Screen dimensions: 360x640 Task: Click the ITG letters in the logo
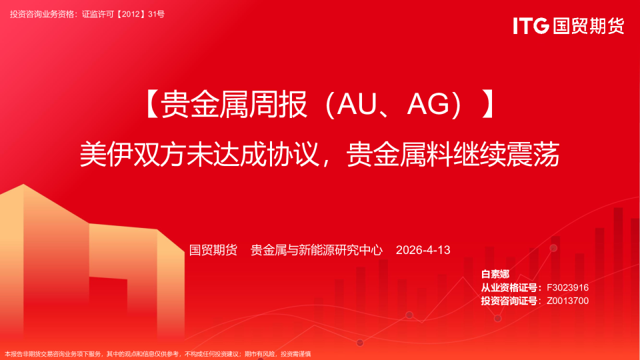pyautogui.click(x=531, y=26)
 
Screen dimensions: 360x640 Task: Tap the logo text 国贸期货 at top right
pyautogui.click(x=587, y=26)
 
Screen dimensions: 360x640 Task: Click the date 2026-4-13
pyautogui.click(x=423, y=250)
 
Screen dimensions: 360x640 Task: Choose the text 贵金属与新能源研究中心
pyautogui.click(x=316, y=250)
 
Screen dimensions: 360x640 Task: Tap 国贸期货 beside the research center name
pyautogui.click(x=213, y=250)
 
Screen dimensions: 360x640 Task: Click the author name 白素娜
pyautogui.click(x=495, y=274)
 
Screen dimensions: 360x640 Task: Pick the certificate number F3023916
pyautogui.click(x=567, y=287)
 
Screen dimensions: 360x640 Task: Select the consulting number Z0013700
pyautogui.click(x=567, y=301)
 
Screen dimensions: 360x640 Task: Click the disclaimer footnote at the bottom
pyautogui.click(x=158, y=354)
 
